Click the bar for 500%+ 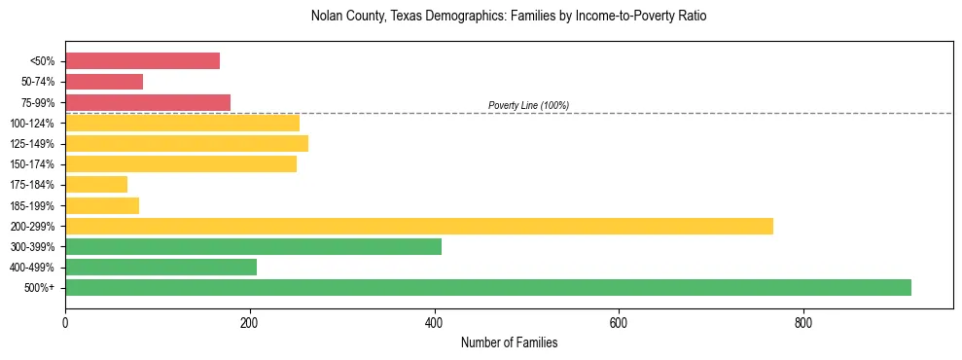(x=488, y=287)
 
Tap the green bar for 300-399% (x=253, y=246)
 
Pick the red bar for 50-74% (x=104, y=82)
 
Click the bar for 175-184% (x=96, y=184)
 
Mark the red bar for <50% (x=142, y=61)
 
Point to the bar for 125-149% (x=187, y=143)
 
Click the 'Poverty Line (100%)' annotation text (x=528, y=105)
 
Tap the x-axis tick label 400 (x=434, y=323)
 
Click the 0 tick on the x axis (x=65, y=323)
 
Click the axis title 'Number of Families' (x=509, y=343)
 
